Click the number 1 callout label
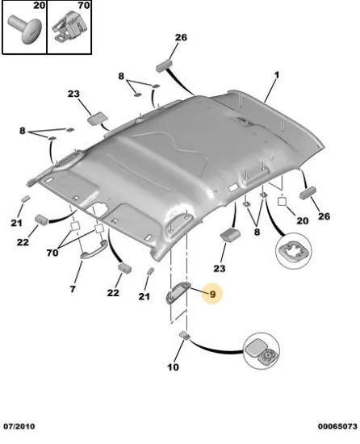(x=277, y=75)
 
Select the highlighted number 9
(x=212, y=294)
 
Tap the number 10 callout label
(x=174, y=367)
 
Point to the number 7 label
(x=73, y=289)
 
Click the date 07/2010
(x=19, y=426)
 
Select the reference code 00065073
(x=337, y=426)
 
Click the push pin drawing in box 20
(x=25, y=29)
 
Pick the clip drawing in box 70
(x=69, y=27)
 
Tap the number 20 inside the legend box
(x=39, y=6)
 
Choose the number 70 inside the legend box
(x=84, y=6)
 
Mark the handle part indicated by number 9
(x=178, y=294)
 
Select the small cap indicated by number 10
(x=185, y=335)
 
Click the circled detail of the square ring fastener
(x=294, y=250)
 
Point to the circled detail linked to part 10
(x=262, y=351)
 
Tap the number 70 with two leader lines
(x=52, y=253)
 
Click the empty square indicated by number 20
(x=283, y=202)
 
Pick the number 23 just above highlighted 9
(x=220, y=268)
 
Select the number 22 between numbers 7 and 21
(x=113, y=292)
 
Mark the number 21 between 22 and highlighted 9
(x=144, y=296)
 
